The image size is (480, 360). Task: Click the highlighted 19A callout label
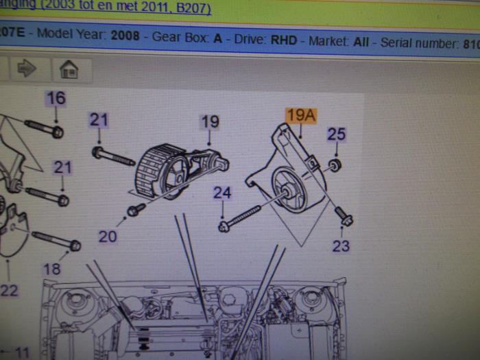click(300, 115)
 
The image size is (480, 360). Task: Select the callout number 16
click(56, 98)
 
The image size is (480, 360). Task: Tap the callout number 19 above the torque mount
click(210, 121)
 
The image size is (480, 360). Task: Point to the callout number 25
click(336, 134)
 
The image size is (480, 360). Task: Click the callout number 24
click(221, 193)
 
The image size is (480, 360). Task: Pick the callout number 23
click(341, 245)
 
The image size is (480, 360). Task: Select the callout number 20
click(108, 237)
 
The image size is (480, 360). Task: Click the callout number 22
click(8, 290)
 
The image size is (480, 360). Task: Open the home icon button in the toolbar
click(68, 69)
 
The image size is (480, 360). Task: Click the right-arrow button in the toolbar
click(26, 69)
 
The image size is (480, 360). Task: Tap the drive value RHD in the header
click(283, 40)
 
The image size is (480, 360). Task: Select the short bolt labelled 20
click(136, 208)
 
